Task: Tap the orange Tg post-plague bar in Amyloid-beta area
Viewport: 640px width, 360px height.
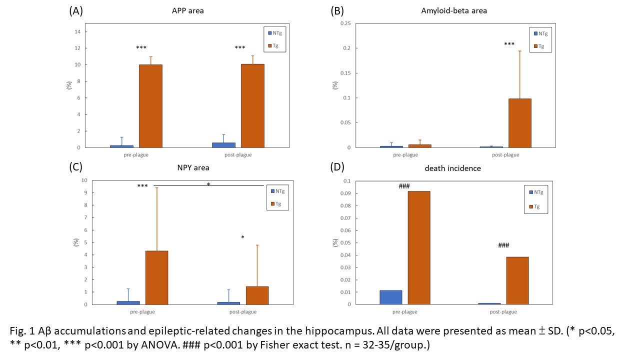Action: (x=520, y=123)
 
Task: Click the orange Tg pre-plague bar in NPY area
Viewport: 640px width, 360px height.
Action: (x=156, y=277)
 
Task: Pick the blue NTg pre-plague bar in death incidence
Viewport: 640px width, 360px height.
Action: (x=390, y=297)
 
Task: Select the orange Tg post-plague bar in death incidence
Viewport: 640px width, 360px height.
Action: (x=517, y=280)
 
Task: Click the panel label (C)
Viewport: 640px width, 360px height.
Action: (x=75, y=167)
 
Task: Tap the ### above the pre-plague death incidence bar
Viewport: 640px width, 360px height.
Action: (x=404, y=186)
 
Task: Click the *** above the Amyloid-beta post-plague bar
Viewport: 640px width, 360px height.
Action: (x=509, y=44)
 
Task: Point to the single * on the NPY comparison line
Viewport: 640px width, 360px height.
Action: (x=208, y=184)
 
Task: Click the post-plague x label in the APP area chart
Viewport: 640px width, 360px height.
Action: (x=239, y=154)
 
